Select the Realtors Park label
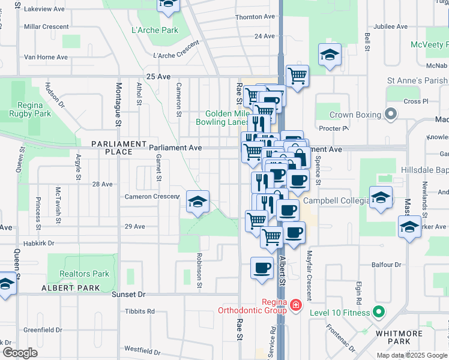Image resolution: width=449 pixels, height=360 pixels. click(85, 274)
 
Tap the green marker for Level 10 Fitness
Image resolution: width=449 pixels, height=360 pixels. click(378, 311)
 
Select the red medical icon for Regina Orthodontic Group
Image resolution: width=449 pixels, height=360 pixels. click(295, 306)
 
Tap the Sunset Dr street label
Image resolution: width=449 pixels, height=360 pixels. click(128, 295)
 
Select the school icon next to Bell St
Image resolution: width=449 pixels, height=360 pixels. click(329, 56)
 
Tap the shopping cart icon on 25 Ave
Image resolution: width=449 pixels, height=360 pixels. click(297, 77)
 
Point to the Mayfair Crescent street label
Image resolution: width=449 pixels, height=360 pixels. click(309, 276)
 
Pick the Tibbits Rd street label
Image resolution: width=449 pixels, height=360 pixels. click(140, 311)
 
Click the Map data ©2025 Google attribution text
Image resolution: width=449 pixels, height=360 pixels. click(411, 355)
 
